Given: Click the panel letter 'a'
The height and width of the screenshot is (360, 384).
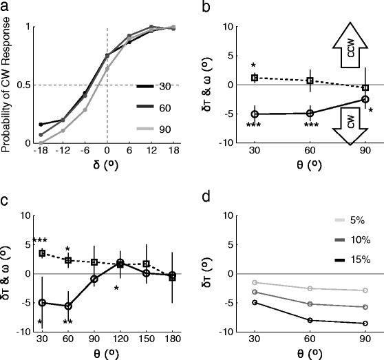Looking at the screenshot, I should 6,8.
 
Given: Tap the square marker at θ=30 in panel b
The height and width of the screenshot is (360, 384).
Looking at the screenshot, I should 254,78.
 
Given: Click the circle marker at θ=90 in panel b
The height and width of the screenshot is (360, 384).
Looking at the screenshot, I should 365,100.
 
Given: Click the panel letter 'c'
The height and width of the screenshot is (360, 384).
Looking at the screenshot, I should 6,200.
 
